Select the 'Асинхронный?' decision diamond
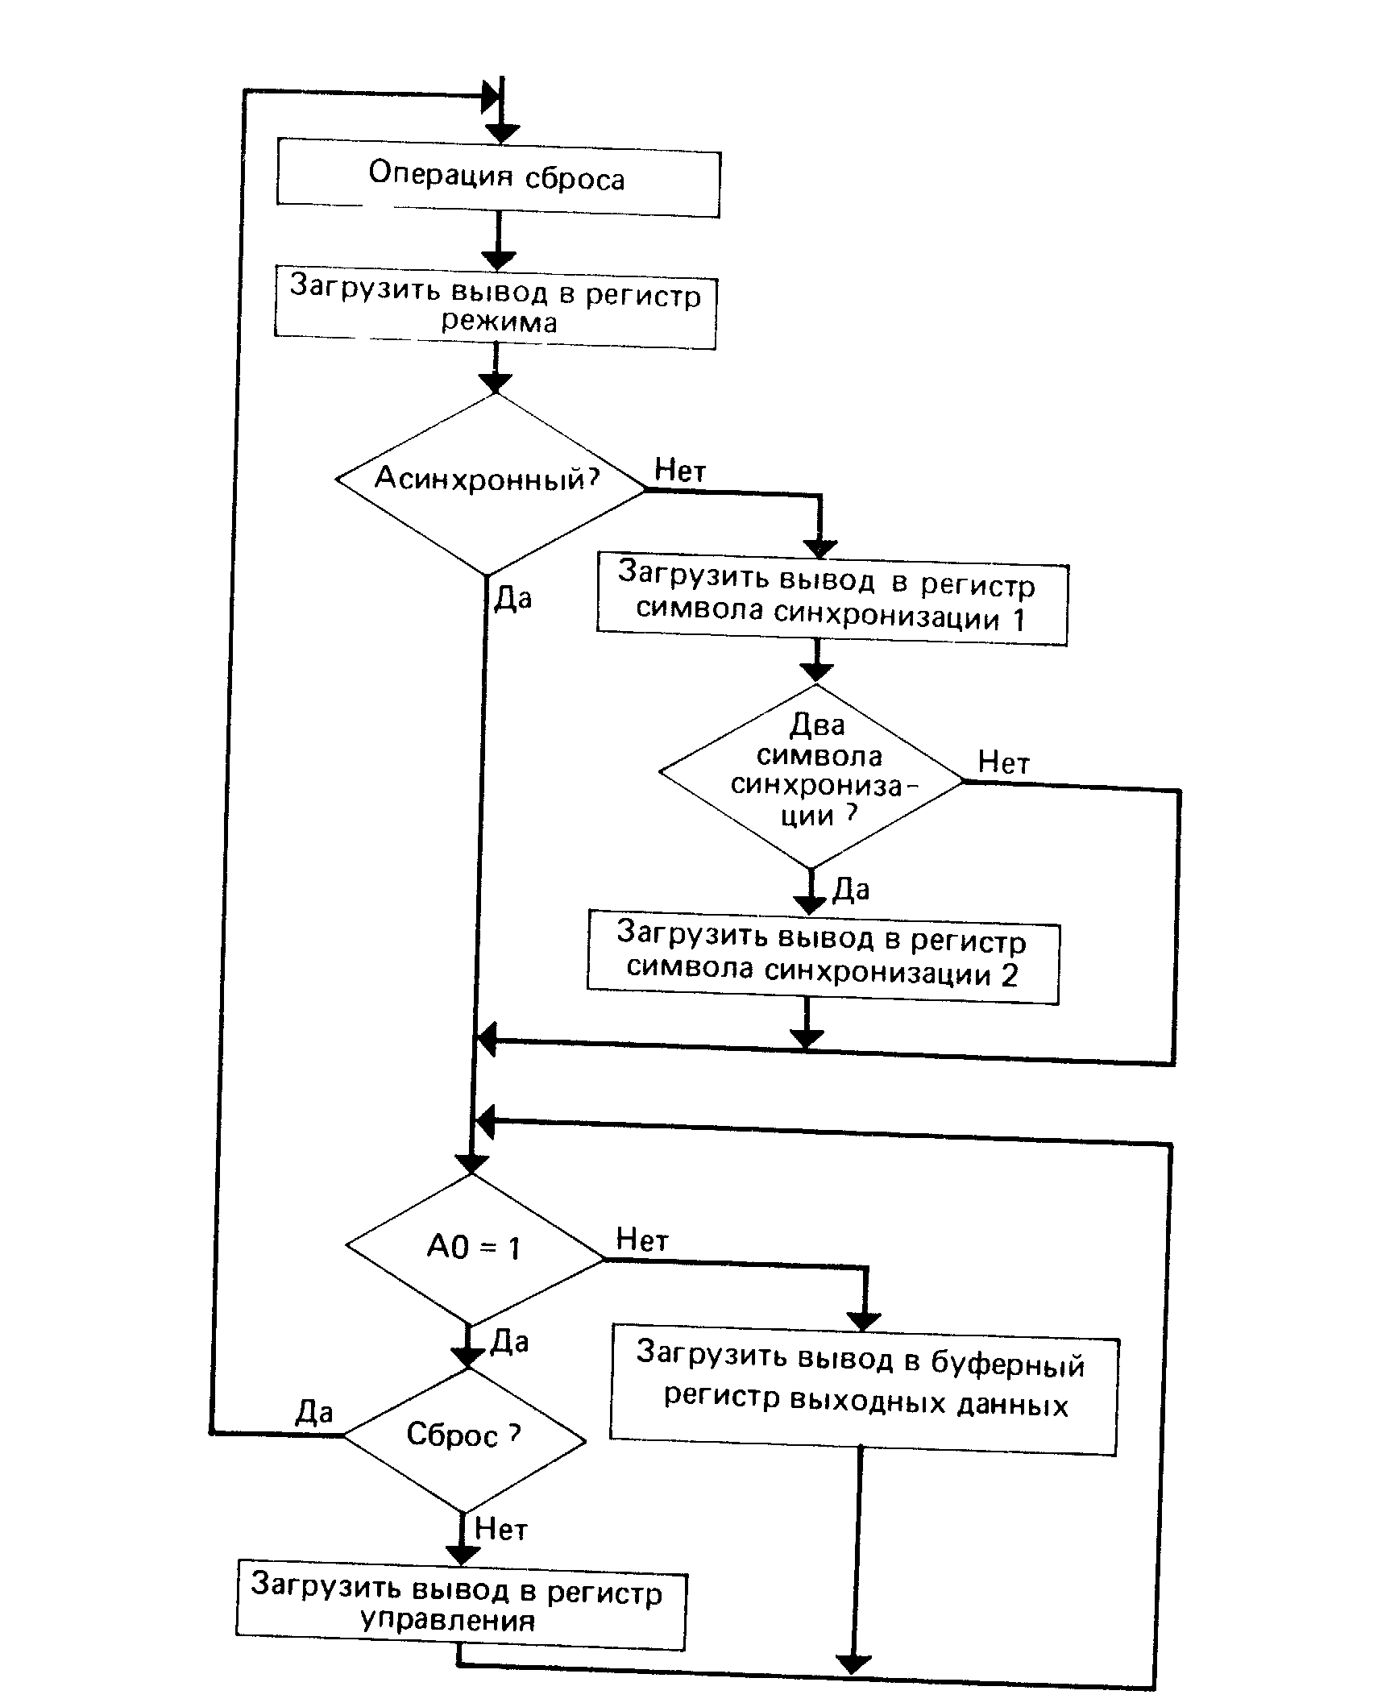pyautogui.click(x=489, y=481)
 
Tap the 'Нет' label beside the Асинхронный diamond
pyautogui.click(x=680, y=470)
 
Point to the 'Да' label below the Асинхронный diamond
pyautogui.click(x=513, y=598)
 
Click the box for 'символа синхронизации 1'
pyautogui.click(x=832, y=603)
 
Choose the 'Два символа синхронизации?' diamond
pyautogui.click(x=812, y=775)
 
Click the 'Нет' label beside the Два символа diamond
pyautogui.click(x=1004, y=762)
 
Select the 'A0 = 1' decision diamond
pyautogui.click(x=475, y=1248)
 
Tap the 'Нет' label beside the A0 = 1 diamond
pyautogui.click(x=642, y=1239)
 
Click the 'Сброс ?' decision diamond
pyautogui.click(x=465, y=1435)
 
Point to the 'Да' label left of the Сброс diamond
pyautogui.click(x=314, y=1412)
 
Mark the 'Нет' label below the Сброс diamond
pyautogui.click(x=501, y=1529)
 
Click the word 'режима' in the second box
pyautogui.click(x=499, y=322)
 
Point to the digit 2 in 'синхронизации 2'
pyautogui.click(x=1010, y=975)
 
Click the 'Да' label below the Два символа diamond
pyautogui.click(x=851, y=890)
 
